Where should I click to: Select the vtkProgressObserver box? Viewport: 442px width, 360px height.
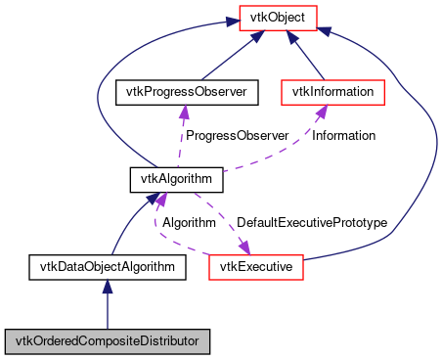186,93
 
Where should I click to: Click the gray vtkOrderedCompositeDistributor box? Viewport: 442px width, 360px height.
108,341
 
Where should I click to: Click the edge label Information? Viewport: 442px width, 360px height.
343,135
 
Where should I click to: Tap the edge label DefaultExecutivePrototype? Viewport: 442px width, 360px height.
312,223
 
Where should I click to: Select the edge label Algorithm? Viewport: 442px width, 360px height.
189,223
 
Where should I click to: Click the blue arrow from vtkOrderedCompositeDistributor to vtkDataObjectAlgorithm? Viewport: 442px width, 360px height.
108,308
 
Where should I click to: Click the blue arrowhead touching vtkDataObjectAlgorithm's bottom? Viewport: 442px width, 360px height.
108,287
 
